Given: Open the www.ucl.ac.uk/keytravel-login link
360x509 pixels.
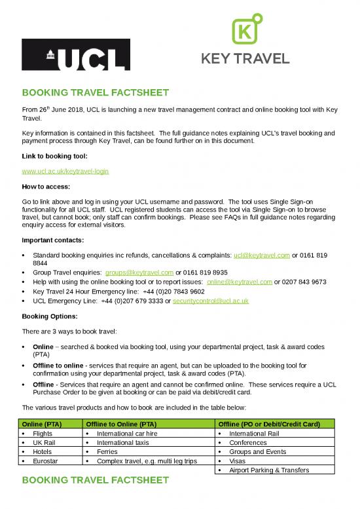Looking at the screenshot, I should coord(65,171).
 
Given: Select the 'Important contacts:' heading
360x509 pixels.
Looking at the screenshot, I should coord(54,239).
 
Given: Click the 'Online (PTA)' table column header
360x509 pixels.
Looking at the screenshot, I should coord(44,424).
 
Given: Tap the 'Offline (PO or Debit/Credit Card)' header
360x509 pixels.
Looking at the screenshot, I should coord(269,424).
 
